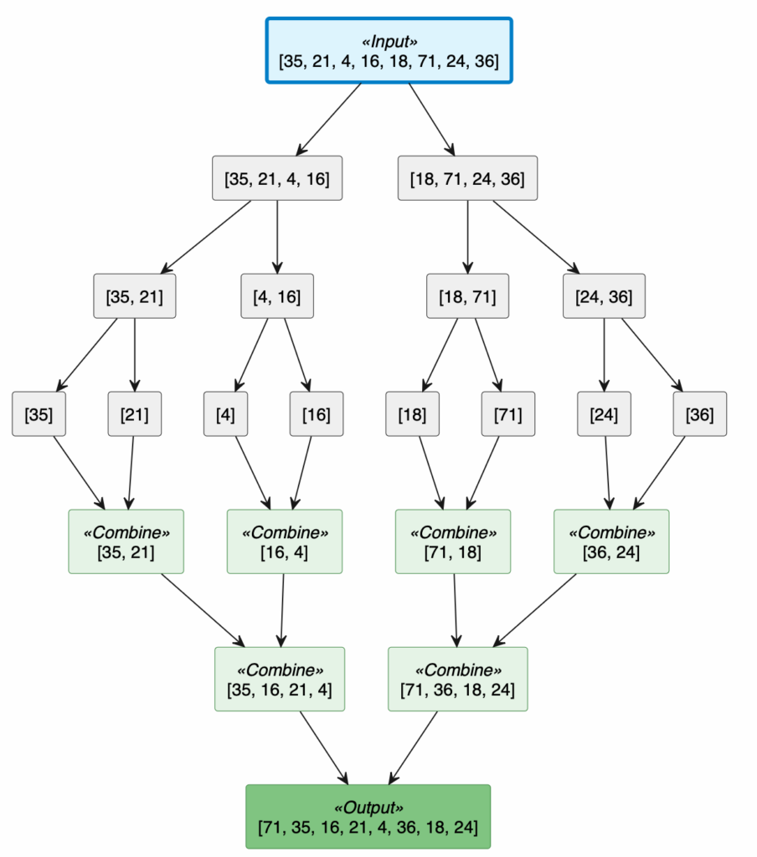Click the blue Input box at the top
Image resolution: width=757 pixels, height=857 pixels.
[x=389, y=50]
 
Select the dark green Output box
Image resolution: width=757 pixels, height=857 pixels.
[x=368, y=817]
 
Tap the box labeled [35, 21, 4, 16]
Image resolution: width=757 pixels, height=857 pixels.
[x=277, y=178]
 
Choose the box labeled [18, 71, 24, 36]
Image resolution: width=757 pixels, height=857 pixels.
[x=467, y=178]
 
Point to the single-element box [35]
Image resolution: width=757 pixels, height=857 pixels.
[x=39, y=413]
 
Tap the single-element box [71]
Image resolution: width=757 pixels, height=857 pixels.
[x=508, y=413]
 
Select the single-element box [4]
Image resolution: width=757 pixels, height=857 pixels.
[x=225, y=413]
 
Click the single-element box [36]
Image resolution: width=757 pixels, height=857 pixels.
[x=700, y=413]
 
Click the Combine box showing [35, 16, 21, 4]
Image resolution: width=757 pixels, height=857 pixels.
[x=280, y=679]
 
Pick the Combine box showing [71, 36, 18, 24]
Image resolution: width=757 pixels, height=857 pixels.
[x=458, y=679]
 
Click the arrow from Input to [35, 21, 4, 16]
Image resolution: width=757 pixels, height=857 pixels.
[x=329, y=119]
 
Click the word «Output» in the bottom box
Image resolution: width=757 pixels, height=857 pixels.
[x=368, y=808]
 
